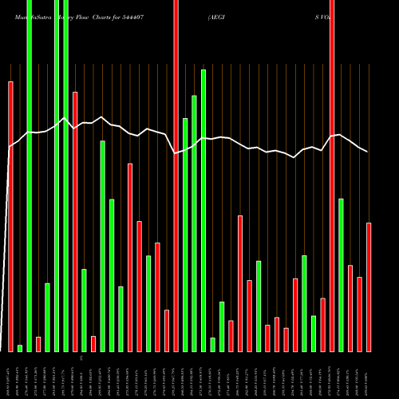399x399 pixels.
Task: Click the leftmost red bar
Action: tap(10, 215)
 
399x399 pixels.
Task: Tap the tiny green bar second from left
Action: tap(20, 348)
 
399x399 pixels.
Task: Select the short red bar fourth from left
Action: tap(38, 344)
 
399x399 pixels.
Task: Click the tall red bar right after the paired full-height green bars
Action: tap(75, 221)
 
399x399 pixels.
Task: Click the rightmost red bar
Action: tap(369, 286)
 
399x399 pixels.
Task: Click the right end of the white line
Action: tap(368, 152)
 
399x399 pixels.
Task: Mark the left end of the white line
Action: tap(10, 147)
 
